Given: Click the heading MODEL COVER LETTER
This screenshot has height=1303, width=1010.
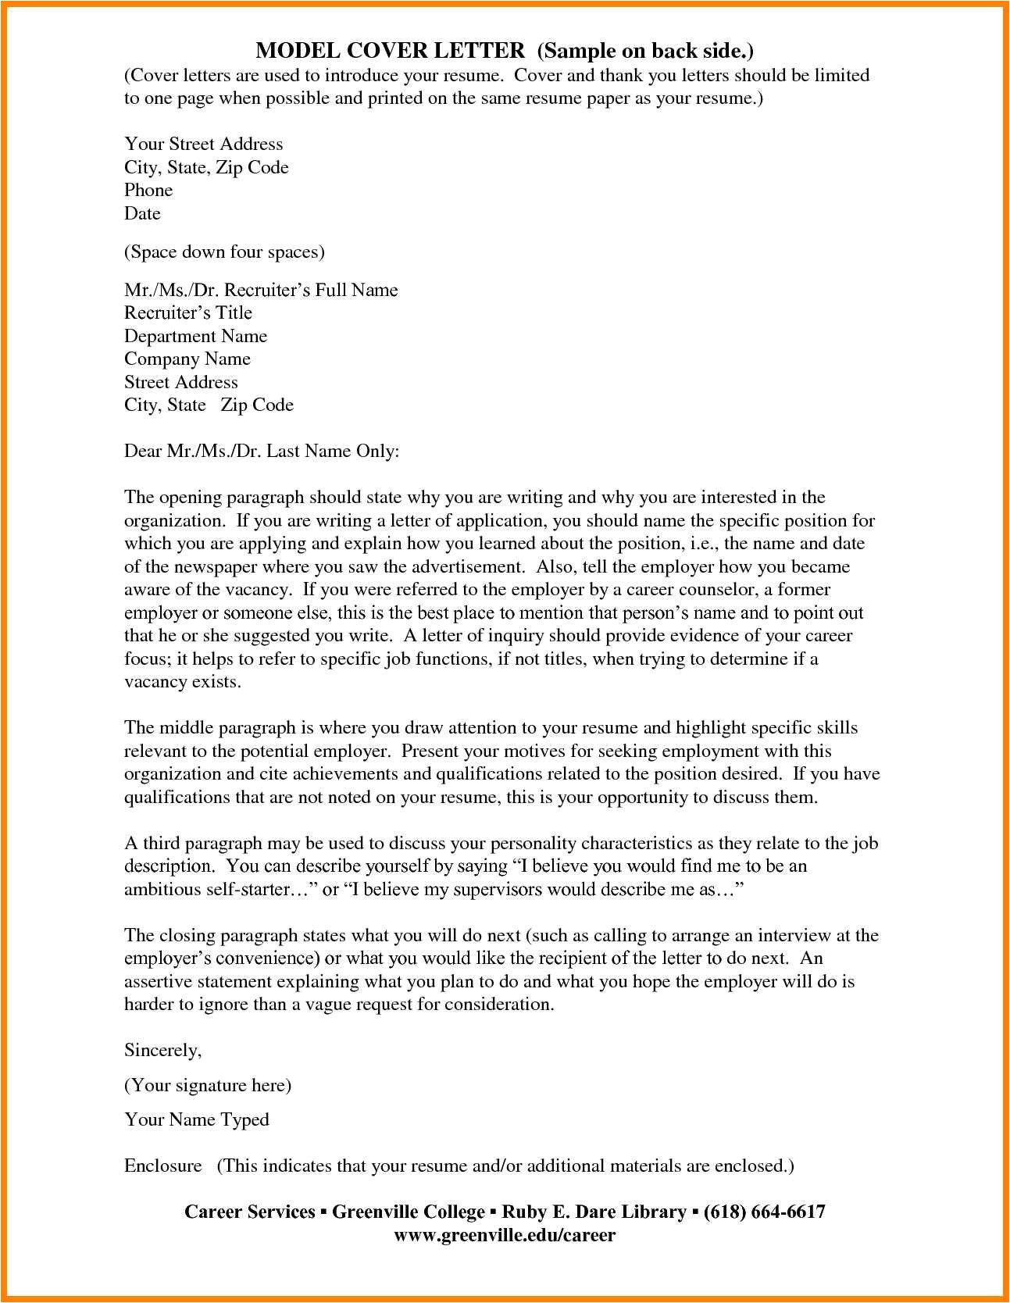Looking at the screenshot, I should tap(391, 51).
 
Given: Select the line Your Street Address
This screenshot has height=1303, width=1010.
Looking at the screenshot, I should tap(203, 144).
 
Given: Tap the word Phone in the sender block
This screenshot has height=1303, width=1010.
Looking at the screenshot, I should tap(148, 190).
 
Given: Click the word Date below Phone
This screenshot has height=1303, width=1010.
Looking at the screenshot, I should tap(142, 213).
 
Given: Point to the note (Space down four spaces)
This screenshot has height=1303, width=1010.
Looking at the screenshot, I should tap(224, 252).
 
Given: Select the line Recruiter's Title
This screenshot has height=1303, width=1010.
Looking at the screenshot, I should tap(188, 312).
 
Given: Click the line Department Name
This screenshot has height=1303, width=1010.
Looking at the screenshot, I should tap(195, 336).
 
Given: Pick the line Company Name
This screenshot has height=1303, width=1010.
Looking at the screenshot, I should tap(187, 359).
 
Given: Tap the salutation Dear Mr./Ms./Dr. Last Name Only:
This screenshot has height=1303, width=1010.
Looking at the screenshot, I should tap(262, 451).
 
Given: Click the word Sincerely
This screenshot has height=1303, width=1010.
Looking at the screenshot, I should tap(162, 1050).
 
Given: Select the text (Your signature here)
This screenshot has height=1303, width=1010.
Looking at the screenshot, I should tap(208, 1085).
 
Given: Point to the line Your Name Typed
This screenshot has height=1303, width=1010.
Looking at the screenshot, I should tap(197, 1119).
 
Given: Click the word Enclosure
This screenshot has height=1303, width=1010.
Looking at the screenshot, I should tap(162, 1166).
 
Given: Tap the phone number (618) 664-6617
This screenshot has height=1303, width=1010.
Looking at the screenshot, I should tap(764, 1212).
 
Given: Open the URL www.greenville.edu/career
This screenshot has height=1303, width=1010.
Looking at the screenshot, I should tap(505, 1235).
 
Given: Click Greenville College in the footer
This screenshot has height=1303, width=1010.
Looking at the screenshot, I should tap(409, 1212).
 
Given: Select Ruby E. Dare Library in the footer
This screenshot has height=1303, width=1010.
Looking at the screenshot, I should tap(594, 1212).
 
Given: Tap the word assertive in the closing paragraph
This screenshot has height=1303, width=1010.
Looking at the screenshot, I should tap(159, 981).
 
